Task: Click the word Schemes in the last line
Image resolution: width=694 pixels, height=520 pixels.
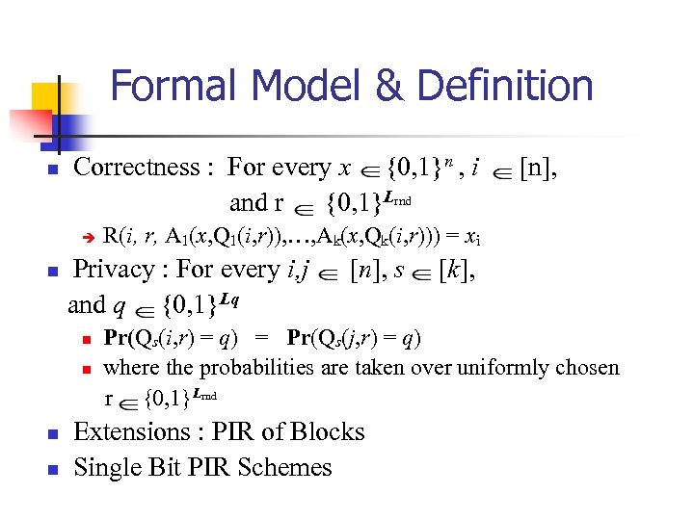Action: (x=288, y=468)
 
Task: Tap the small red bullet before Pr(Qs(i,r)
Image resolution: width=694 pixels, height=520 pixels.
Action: (x=86, y=340)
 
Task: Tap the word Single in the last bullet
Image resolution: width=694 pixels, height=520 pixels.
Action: (x=107, y=468)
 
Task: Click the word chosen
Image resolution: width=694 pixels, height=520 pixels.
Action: (x=586, y=367)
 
